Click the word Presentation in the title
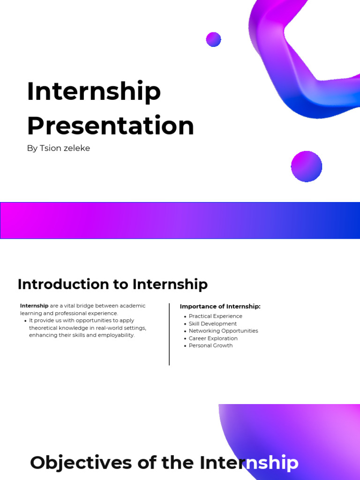click(110, 126)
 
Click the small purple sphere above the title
click(213, 39)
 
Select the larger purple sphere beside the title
click(307, 166)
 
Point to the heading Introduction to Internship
click(112, 284)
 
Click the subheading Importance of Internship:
click(220, 307)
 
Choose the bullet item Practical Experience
click(215, 316)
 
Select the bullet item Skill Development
click(212, 324)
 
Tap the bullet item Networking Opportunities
click(223, 331)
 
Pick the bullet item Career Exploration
click(213, 338)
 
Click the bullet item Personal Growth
click(210, 345)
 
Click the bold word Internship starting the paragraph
click(34, 306)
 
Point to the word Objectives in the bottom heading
click(81, 463)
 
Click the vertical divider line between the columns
click(169, 334)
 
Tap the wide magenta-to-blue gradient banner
click(180, 221)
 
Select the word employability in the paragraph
click(117, 335)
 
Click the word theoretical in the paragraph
click(44, 328)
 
